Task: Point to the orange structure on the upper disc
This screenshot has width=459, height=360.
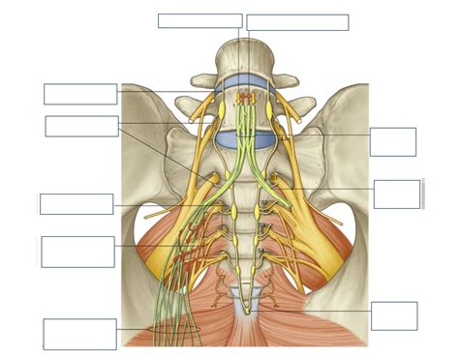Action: point(244,98)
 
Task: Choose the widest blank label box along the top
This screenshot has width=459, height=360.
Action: point(297,22)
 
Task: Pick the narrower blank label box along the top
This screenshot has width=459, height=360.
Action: point(199,20)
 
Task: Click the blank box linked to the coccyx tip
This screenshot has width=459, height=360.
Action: point(394,315)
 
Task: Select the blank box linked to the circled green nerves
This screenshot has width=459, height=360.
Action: point(79,333)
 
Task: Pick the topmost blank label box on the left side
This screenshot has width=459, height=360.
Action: point(80,94)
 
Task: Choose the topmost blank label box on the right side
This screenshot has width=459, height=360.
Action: point(393,141)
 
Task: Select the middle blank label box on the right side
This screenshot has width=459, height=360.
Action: point(397,194)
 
